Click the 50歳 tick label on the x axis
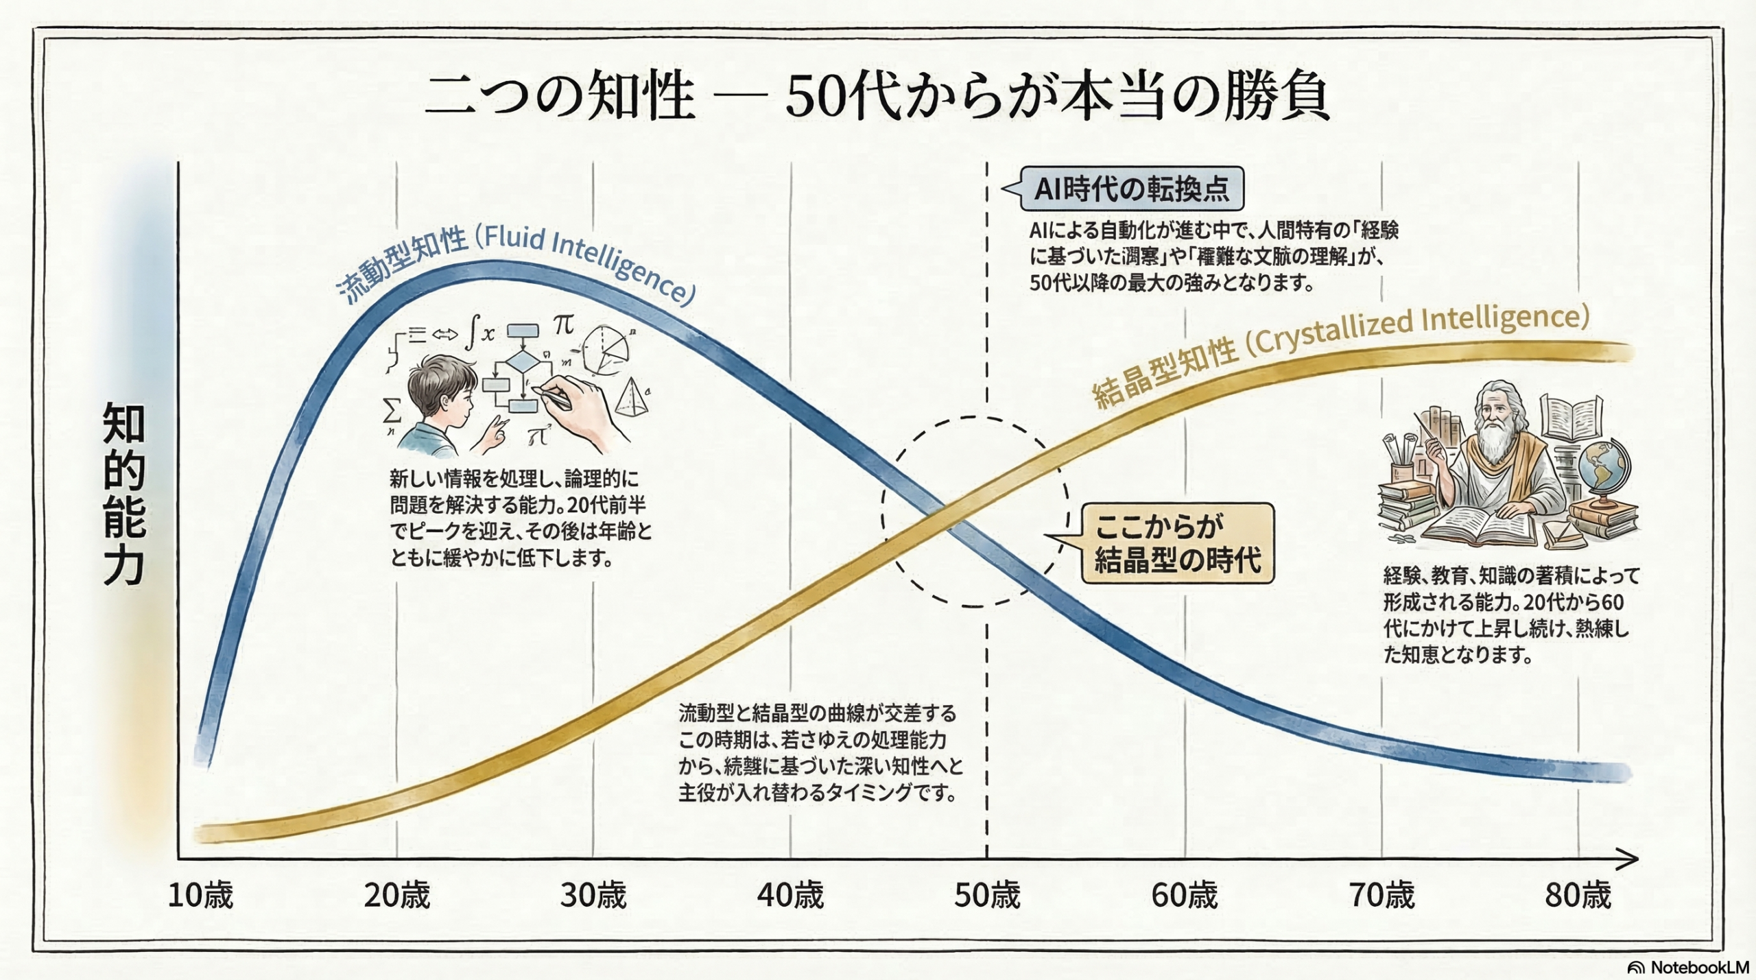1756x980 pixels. pos(987,896)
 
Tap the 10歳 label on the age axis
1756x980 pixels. pos(200,896)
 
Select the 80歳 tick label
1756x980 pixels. pos(1578,896)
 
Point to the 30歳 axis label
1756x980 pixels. pos(593,896)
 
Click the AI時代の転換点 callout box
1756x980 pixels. pos(1131,189)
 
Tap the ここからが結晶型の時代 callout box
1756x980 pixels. pos(1177,544)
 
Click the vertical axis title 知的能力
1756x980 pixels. pos(124,494)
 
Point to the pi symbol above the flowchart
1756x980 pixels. pos(564,324)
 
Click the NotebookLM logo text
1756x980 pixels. pos(1698,967)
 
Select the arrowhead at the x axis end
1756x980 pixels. pos(1629,859)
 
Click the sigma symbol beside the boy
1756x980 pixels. pos(392,411)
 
